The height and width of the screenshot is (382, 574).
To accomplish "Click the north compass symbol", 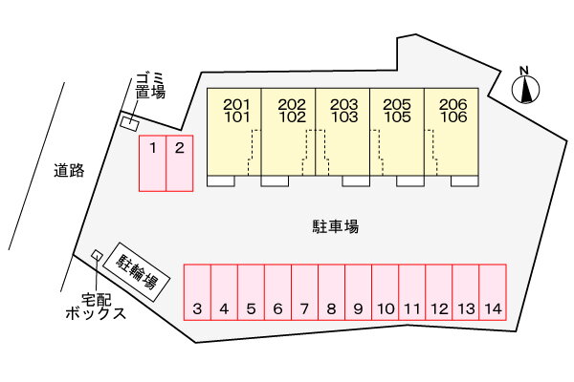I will tap(524, 87).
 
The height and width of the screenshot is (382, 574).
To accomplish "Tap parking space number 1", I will tap(153, 163).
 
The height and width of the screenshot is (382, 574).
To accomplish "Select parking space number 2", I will tap(180, 163).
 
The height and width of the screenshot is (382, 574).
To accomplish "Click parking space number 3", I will tap(196, 291).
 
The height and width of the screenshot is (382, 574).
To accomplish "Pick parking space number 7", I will tap(304, 291).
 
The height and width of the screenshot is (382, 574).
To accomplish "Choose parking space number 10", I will tap(385, 291).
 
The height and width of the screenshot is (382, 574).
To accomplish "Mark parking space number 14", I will tap(493, 291).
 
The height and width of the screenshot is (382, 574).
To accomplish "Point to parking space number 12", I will tap(439, 291).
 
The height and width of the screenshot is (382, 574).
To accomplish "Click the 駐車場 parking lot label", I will tap(335, 226).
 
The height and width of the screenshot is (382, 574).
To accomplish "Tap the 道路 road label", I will tap(70, 171).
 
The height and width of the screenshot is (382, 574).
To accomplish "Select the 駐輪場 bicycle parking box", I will tap(138, 268).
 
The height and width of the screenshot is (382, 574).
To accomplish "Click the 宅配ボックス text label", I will tap(96, 306).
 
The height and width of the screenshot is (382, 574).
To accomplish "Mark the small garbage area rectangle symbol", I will tap(128, 122).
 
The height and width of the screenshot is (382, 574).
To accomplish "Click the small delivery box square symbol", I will tap(97, 255).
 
